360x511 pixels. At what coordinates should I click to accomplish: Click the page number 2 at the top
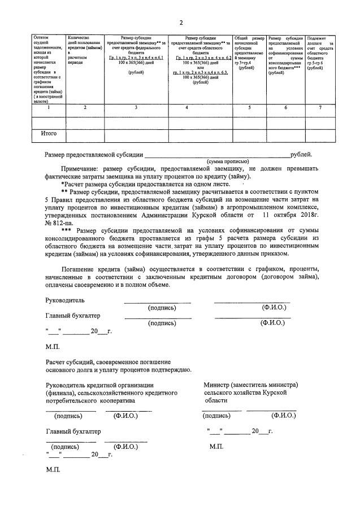coord(181,23)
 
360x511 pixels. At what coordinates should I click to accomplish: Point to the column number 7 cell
coord(320,107)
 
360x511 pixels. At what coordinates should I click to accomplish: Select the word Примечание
coord(83,168)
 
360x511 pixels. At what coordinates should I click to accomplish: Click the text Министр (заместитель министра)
coord(251,385)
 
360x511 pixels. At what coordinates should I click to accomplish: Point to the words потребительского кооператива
coord(90,400)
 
